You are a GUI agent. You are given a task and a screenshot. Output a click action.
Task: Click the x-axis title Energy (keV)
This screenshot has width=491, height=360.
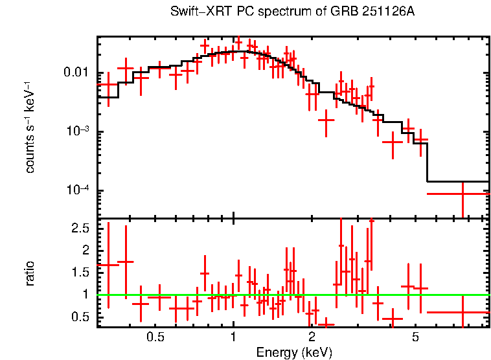click(x=294, y=352)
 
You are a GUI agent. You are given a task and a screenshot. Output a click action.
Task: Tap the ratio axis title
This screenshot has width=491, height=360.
click(x=30, y=273)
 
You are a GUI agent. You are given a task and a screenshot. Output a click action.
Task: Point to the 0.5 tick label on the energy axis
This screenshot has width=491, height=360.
click(x=155, y=337)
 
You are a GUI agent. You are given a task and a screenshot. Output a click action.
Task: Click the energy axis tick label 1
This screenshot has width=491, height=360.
click(x=233, y=337)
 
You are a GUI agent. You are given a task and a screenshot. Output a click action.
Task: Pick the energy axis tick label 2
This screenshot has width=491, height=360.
click(x=312, y=337)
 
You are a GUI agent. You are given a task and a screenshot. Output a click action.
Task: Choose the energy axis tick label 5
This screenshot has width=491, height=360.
click(x=415, y=337)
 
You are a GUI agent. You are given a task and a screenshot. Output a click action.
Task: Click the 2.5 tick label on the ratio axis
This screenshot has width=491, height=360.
click(x=80, y=229)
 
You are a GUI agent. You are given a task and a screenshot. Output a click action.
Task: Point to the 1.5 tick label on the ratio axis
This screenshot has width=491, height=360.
click(x=80, y=273)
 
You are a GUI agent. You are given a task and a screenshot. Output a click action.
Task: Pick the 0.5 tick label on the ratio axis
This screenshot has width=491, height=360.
click(x=80, y=317)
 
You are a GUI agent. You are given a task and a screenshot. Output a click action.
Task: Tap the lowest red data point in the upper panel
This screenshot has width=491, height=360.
click(x=462, y=194)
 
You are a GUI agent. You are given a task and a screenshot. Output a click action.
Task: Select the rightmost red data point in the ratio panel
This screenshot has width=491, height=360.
click(x=462, y=312)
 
